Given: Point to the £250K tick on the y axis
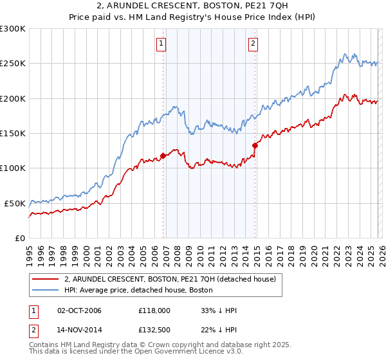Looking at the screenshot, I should pos(13,64).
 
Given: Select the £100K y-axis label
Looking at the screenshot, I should pos(13,168).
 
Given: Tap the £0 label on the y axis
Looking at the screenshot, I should pos(19,238).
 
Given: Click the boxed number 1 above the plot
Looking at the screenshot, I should pos(160,44).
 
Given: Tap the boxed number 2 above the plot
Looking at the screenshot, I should pos(253,44).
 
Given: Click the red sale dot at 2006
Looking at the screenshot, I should pos(163,156).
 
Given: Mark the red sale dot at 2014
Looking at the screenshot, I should pos(255,145).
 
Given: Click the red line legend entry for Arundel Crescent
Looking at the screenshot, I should pos(170,279).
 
